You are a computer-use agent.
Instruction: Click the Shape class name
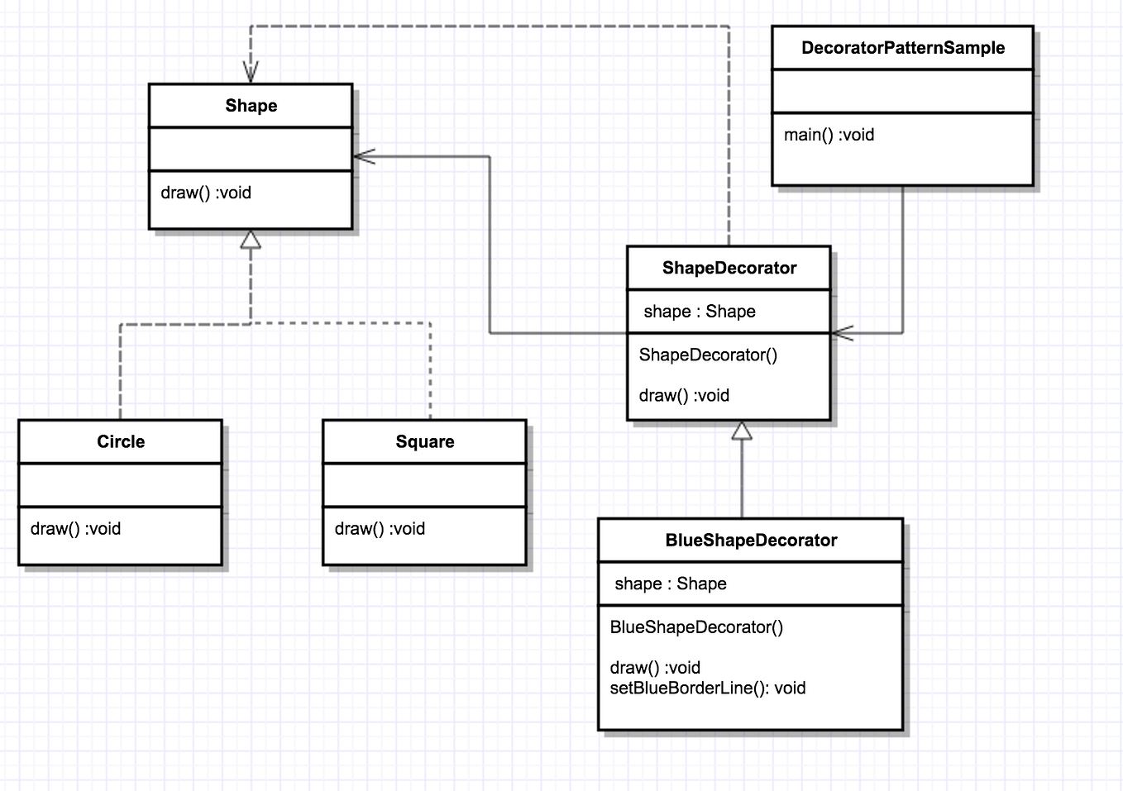coord(251,106)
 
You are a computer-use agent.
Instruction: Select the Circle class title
coord(121,441)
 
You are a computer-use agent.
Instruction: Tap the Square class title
coord(424,441)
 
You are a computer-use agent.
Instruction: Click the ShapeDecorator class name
coord(729,268)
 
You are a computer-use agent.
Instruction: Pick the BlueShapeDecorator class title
coord(751,541)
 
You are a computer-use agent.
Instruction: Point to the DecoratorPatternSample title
coord(902,48)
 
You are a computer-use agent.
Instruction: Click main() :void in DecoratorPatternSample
coord(829,135)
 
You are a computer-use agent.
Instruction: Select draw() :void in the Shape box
coord(206,193)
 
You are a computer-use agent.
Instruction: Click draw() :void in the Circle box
coord(75,529)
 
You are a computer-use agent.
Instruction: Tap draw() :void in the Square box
coord(380,529)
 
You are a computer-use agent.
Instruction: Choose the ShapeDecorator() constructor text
coord(708,355)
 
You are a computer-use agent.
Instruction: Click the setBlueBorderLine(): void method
coord(707,689)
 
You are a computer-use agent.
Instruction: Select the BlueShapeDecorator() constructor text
coord(696,627)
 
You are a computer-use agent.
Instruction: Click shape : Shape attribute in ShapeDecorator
coord(700,312)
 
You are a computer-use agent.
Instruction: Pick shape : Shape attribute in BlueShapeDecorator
coord(671,584)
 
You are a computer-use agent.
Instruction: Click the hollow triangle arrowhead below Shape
coord(251,240)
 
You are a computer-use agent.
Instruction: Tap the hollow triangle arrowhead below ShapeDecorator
coord(742,431)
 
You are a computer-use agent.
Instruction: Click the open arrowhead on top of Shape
coord(251,73)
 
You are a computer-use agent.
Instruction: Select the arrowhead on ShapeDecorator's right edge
coord(842,333)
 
